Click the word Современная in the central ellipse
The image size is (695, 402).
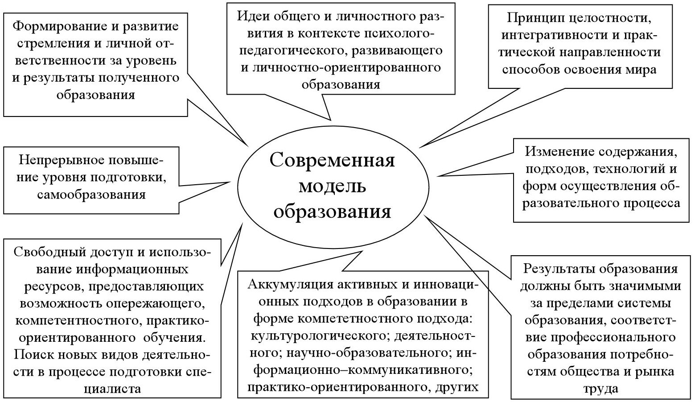(x=332, y=161)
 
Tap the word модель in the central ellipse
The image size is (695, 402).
(x=332, y=186)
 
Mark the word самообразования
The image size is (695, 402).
(x=91, y=195)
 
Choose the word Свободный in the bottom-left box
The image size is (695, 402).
(x=50, y=253)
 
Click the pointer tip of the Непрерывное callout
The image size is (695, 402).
(x=230, y=182)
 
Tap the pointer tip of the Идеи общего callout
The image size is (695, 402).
(x=331, y=120)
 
